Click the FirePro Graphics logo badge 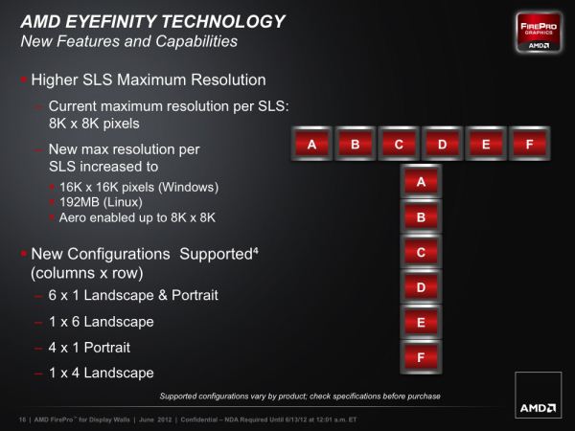[x=539, y=33]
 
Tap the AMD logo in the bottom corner [x=539, y=395]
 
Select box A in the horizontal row [x=311, y=144]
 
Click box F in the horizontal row [x=529, y=144]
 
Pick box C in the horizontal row [x=399, y=144]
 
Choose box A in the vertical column [x=421, y=181]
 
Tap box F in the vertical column [x=421, y=357]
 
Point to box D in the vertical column [x=421, y=287]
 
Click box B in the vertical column [x=421, y=216]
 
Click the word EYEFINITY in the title [x=111, y=21]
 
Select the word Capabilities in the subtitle [x=196, y=41]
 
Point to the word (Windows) [x=189, y=188]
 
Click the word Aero [x=73, y=217]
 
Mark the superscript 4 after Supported [x=256, y=251]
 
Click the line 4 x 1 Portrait [x=89, y=348]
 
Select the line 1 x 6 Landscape [x=102, y=322]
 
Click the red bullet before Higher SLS [x=24, y=79]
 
